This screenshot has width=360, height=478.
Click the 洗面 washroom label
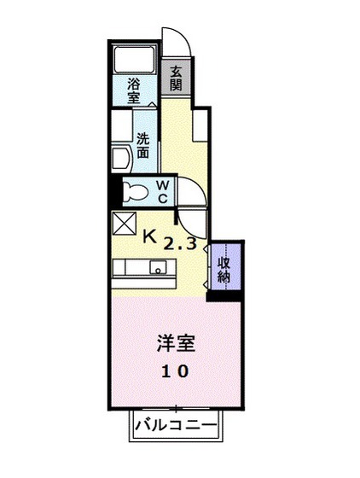[x=142, y=145]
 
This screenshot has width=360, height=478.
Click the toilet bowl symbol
[x=132, y=192]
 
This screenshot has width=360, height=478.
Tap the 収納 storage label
[x=224, y=269]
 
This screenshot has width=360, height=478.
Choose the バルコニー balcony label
[x=175, y=425]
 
